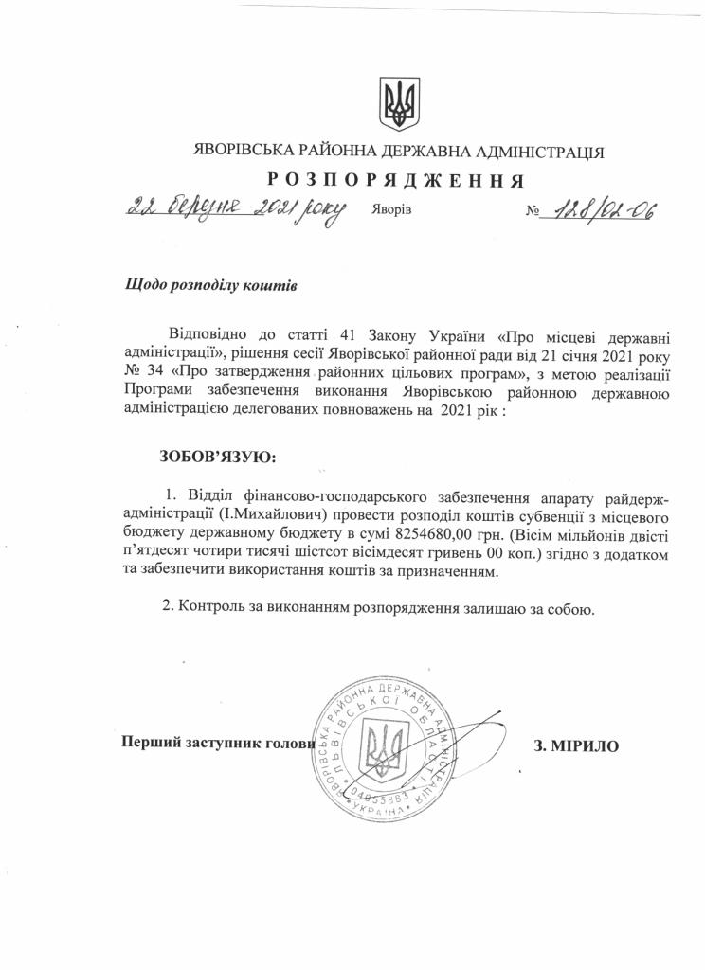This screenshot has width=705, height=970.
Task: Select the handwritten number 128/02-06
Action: click(x=597, y=209)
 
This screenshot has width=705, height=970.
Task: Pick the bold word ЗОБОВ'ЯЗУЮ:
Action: click(x=218, y=457)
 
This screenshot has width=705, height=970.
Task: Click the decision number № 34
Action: click(x=143, y=372)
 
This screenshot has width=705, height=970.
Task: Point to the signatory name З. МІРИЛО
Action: click(x=577, y=745)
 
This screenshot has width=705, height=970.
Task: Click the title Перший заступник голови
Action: click(x=217, y=744)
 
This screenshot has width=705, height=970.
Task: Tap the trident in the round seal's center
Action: click(x=386, y=745)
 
